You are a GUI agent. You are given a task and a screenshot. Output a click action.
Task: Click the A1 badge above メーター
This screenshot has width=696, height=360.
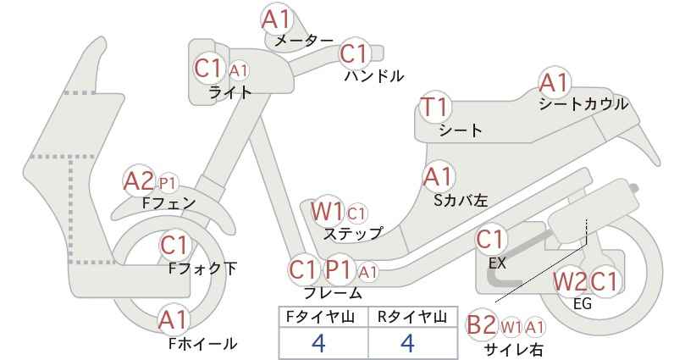(x=276, y=19)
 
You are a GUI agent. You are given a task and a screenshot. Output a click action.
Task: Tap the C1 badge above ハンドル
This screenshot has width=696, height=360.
(x=355, y=53)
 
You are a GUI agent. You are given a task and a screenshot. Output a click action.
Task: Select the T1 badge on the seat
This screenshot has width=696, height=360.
(x=435, y=107)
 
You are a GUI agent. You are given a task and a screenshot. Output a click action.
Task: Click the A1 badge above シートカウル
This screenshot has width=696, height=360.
(x=554, y=82)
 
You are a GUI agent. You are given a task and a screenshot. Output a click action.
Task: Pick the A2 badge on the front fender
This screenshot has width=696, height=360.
(x=139, y=180)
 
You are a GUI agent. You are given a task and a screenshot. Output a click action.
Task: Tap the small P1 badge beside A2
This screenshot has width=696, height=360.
(x=168, y=183)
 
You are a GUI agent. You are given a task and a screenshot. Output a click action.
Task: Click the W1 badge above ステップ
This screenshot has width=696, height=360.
(x=327, y=212)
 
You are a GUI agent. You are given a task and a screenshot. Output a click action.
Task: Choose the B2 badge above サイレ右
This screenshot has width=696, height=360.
(x=482, y=325)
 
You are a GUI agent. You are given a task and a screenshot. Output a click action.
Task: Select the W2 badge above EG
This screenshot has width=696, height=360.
(x=570, y=281)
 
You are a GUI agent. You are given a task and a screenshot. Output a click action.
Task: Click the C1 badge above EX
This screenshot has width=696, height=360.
(x=491, y=239)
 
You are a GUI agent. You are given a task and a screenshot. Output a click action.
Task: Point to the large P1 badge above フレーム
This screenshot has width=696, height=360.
(x=340, y=269)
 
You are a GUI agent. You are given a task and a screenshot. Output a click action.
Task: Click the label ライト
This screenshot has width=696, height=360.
(x=230, y=93)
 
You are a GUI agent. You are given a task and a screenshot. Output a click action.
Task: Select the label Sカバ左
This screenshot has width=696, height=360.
(x=461, y=201)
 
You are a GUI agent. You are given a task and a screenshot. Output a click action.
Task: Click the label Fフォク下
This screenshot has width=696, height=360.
(x=203, y=269)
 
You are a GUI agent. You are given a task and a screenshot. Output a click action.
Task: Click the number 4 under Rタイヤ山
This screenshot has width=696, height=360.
(x=407, y=343)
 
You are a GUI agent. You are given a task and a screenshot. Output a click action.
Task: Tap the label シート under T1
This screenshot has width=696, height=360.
(x=461, y=130)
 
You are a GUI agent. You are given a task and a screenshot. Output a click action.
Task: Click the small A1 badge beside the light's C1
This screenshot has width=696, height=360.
(x=239, y=70)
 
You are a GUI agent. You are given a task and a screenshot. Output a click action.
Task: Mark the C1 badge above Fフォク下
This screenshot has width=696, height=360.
(x=175, y=245)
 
